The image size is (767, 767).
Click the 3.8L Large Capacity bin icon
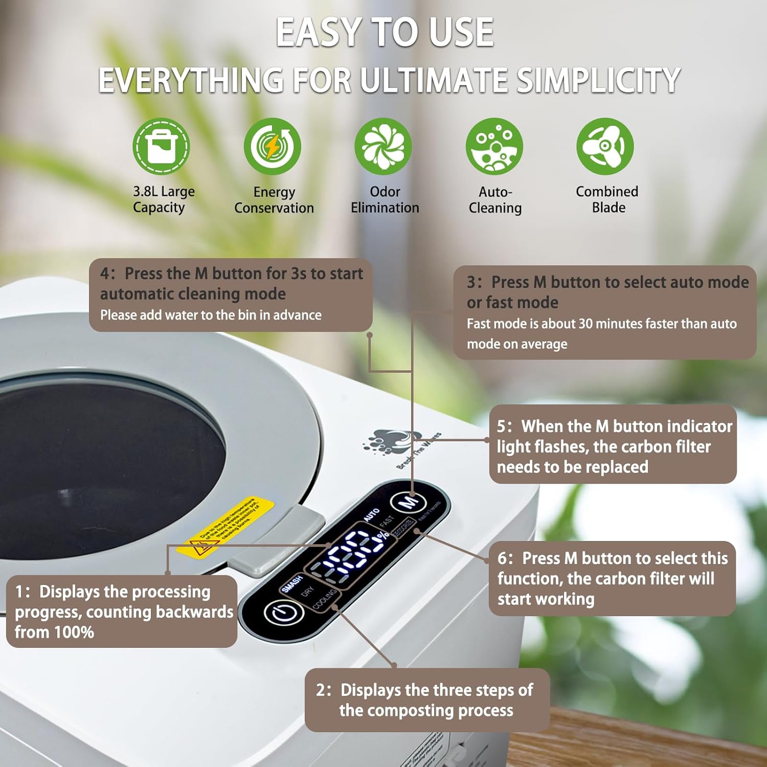(x=161, y=146)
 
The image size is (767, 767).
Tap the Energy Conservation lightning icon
(x=272, y=146)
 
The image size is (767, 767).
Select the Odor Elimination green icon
(x=383, y=146)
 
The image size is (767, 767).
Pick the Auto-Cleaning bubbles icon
(x=494, y=146)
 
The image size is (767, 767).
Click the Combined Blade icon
(x=605, y=146)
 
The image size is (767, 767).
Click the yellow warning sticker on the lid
(x=225, y=527)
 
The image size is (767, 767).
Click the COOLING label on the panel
(x=324, y=599)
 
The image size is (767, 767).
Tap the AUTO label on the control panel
(x=372, y=514)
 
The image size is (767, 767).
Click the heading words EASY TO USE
(x=385, y=32)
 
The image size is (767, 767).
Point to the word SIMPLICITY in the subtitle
(x=598, y=80)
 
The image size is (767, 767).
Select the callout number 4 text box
(x=231, y=295)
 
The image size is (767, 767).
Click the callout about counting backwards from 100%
(x=122, y=612)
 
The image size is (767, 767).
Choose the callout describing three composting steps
(x=427, y=700)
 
